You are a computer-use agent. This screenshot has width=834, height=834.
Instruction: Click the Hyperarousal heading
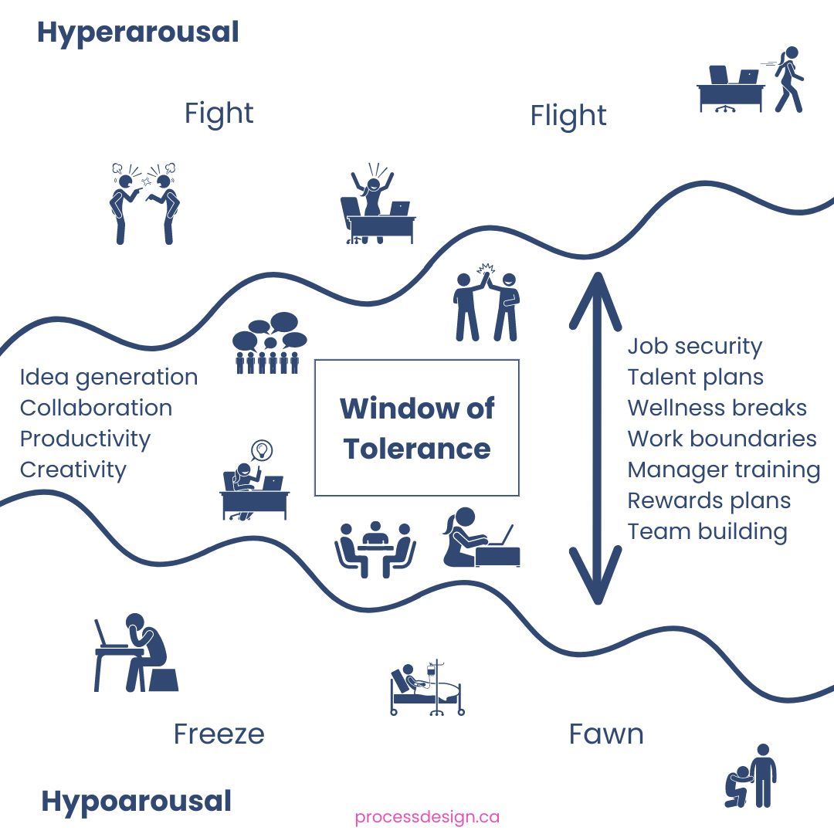pos(138,33)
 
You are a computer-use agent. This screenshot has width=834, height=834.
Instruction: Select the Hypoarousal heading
pos(136,801)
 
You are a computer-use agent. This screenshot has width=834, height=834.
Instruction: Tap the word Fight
pos(219,114)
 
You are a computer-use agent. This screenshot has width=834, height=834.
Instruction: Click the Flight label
pos(568,116)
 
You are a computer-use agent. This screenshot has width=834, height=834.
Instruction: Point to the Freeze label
pos(219,734)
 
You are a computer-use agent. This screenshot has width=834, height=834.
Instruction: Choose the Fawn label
pos(606,734)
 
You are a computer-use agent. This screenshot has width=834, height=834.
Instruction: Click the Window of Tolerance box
pos(417,428)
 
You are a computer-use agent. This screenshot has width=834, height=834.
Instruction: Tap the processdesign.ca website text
pos(427,817)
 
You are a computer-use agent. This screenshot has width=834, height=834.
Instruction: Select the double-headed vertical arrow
pos(596,438)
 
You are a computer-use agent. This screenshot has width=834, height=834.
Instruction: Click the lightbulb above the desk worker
pos(263,449)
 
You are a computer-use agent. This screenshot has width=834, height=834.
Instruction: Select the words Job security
pos(694,347)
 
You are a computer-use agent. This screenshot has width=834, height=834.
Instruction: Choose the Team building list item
pos(707,531)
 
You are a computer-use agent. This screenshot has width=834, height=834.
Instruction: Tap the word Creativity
pos(73,470)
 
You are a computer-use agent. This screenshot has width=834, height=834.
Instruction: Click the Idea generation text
pos(109,377)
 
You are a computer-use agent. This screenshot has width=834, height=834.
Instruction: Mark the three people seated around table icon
pos(375,549)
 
